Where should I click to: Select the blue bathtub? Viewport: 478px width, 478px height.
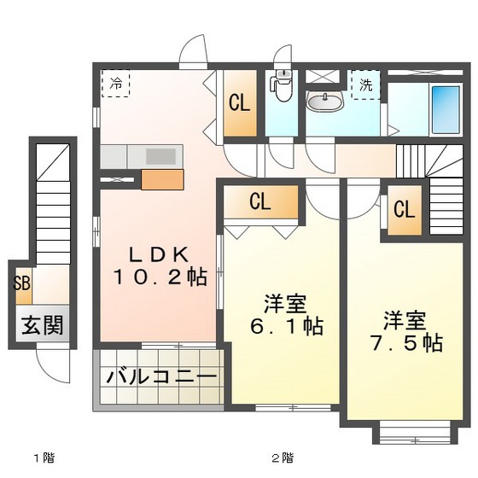tap(446, 109)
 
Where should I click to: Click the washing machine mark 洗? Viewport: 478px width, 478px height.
tap(365, 85)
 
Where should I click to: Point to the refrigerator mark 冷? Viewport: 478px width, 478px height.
tap(115, 84)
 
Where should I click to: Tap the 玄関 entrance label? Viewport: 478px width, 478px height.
tap(41, 327)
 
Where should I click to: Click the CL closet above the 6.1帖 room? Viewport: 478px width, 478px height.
tap(261, 202)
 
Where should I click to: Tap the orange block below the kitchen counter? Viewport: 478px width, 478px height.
tap(162, 179)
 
